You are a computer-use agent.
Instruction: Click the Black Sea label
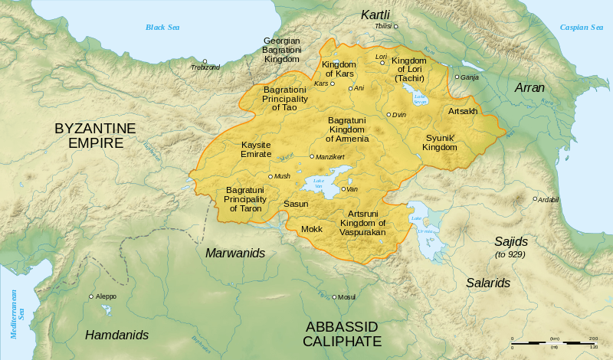point(163,28)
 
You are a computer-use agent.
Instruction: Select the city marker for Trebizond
point(205,61)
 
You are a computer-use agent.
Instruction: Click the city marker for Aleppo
point(91,296)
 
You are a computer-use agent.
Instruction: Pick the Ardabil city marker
point(535,199)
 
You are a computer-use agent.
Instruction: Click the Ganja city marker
point(457,77)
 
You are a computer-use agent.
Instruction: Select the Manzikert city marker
point(311,156)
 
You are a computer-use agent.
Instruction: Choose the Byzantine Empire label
point(95,136)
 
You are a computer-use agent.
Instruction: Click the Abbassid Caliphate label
point(342,334)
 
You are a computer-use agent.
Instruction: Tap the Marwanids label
point(234,253)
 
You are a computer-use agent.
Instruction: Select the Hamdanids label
point(116,335)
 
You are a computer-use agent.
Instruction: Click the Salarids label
point(488,283)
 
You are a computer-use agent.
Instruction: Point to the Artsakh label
point(462,112)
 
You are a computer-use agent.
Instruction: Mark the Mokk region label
point(312,229)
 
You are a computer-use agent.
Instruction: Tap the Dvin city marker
point(389,115)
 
